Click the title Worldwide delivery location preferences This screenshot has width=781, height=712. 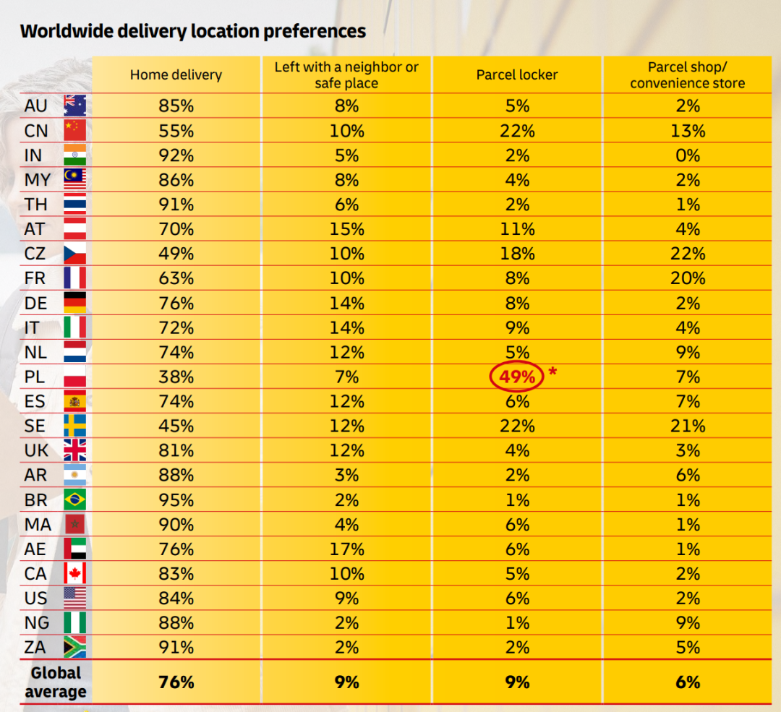[193, 31]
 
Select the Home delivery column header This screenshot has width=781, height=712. [176, 75]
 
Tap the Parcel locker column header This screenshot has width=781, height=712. [517, 75]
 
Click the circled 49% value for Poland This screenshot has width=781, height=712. [517, 377]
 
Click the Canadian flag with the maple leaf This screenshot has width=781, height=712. [74, 574]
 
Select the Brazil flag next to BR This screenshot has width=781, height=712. [74, 499]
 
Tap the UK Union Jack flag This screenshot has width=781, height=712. [74, 450]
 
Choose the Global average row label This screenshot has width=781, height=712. [56, 682]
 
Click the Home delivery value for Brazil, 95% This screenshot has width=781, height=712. [176, 500]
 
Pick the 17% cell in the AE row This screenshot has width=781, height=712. [347, 549]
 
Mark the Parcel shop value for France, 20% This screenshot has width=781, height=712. [687, 278]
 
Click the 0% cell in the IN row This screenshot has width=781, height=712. [687, 155]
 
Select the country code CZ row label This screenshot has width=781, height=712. [35, 254]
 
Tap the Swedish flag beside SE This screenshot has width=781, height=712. [74, 426]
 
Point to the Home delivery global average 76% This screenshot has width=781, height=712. [176, 682]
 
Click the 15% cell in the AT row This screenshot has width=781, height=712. [347, 229]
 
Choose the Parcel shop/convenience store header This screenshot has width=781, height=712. [687, 75]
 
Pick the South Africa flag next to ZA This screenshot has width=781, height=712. [74, 648]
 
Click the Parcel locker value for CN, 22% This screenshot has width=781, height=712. [517, 131]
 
